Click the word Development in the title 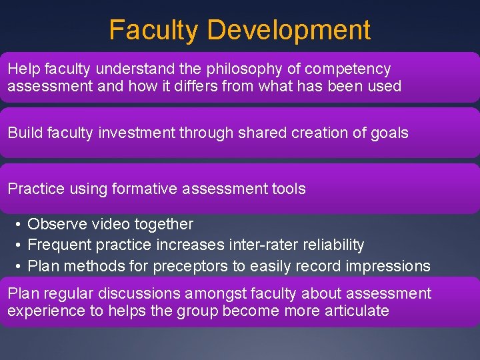(x=289, y=31)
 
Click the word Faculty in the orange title (x=154, y=31)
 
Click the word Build (x=25, y=133)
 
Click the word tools (x=288, y=189)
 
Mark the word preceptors (x=190, y=266)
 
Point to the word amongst (x=221, y=294)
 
